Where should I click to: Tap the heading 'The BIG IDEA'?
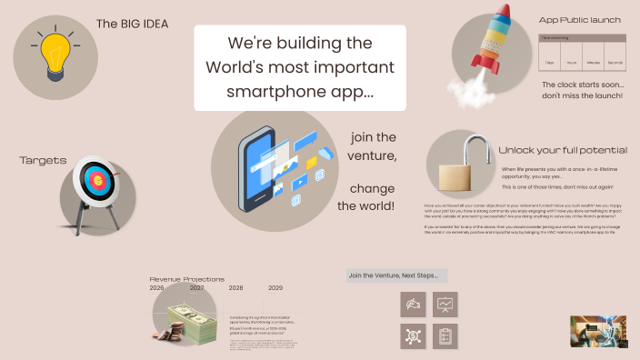[x=132, y=25]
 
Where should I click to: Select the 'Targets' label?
[x=44, y=161]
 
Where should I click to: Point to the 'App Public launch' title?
[x=578, y=19]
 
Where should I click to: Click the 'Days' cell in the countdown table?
[x=550, y=62]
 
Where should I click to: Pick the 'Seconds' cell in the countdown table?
[x=615, y=62]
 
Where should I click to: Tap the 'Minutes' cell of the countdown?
[x=593, y=62]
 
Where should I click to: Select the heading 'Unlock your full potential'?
[x=562, y=150]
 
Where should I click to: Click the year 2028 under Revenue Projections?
[x=236, y=287]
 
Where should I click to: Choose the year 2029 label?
[x=276, y=287]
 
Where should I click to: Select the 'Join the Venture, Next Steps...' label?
[x=396, y=275]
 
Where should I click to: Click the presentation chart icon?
[x=445, y=305]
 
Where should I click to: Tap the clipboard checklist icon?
[x=445, y=335]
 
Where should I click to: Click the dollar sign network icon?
[x=414, y=335]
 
